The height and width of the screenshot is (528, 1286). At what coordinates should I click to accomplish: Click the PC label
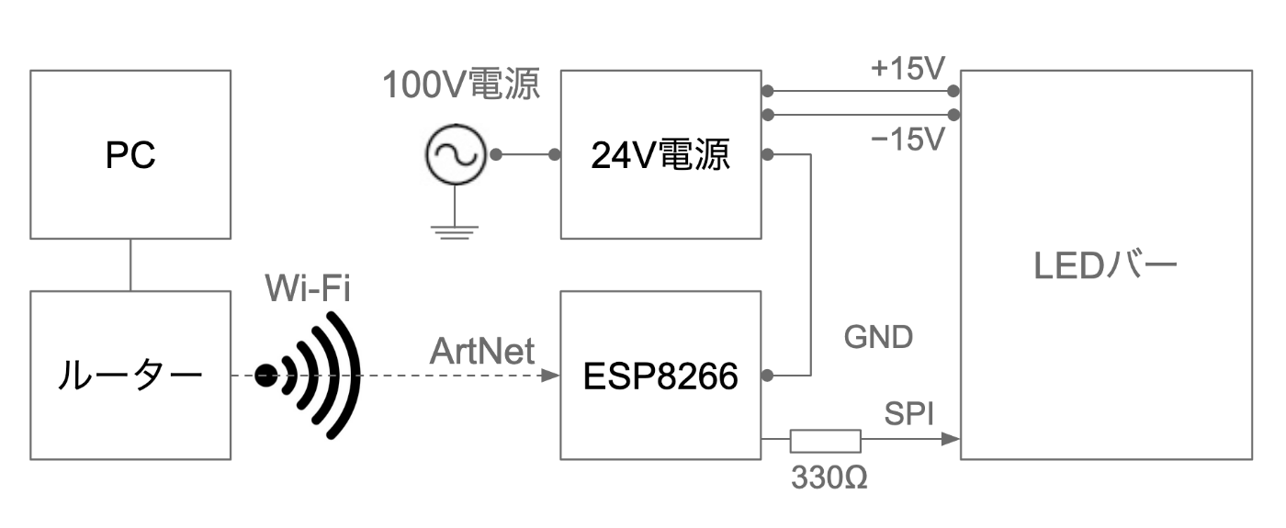click(130, 155)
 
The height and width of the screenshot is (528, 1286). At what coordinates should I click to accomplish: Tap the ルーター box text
click(130, 376)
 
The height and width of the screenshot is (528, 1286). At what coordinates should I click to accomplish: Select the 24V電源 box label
click(660, 155)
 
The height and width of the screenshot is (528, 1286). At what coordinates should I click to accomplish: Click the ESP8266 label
click(660, 376)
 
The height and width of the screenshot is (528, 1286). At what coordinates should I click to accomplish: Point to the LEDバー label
click(1105, 265)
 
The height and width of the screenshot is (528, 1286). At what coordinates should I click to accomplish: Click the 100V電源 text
click(461, 84)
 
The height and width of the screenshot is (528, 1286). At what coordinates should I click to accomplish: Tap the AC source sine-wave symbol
click(456, 154)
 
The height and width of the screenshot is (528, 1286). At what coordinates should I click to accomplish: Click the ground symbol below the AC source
click(455, 231)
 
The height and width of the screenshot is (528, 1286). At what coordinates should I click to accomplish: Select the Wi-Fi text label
click(308, 287)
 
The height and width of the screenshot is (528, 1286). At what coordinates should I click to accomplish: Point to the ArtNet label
click(482, 351)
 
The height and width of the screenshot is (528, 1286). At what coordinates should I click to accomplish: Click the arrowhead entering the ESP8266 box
click(550, 376)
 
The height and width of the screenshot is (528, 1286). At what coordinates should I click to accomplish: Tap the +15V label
click(908, 68)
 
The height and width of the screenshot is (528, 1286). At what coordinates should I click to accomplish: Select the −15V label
click(908, 139)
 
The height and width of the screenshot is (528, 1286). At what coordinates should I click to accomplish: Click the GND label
click(878, 337)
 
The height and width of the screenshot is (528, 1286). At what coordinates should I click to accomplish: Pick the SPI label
click(908, 414)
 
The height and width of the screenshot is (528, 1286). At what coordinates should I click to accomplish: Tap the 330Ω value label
click(829, 477)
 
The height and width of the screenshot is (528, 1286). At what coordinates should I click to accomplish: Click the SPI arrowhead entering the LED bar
click(952, 440)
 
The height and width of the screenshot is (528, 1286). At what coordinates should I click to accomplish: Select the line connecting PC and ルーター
click(130, 264)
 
